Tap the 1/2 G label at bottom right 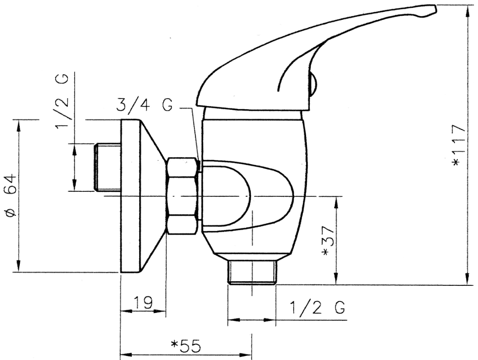tap(318, 307)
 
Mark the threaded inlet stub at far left tap(106, 167)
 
